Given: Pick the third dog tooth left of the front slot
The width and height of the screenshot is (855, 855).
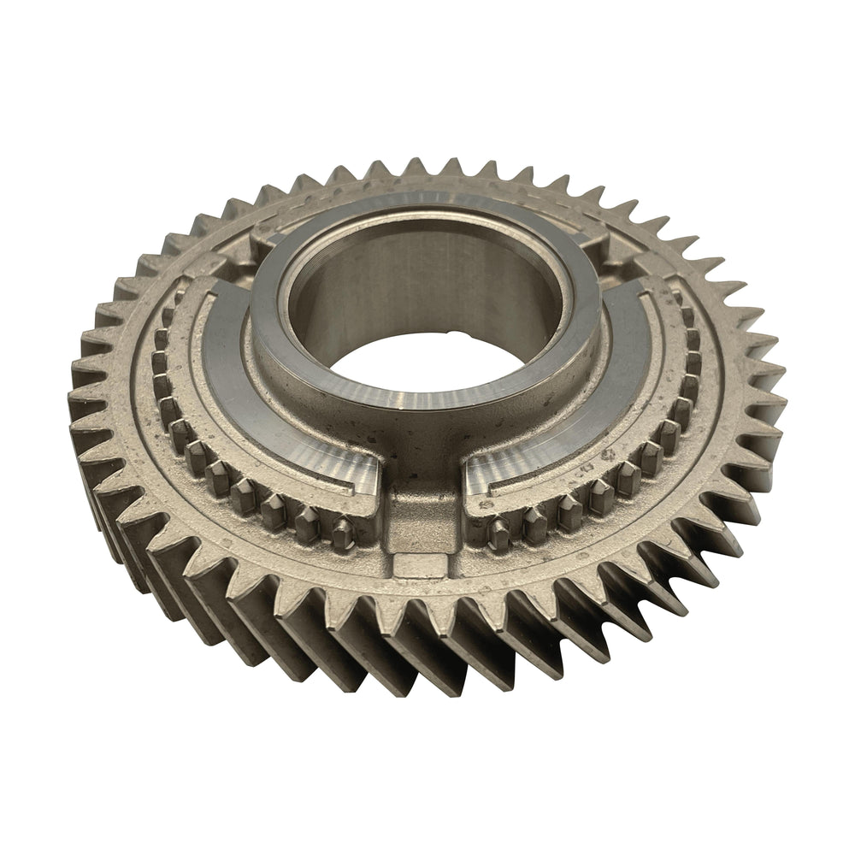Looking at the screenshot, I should click(275, 510).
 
